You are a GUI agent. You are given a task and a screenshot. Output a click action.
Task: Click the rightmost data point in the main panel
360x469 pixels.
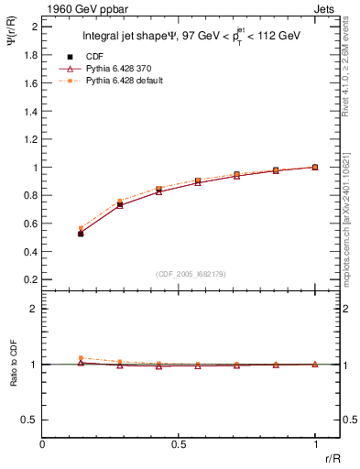tap(315, 167)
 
